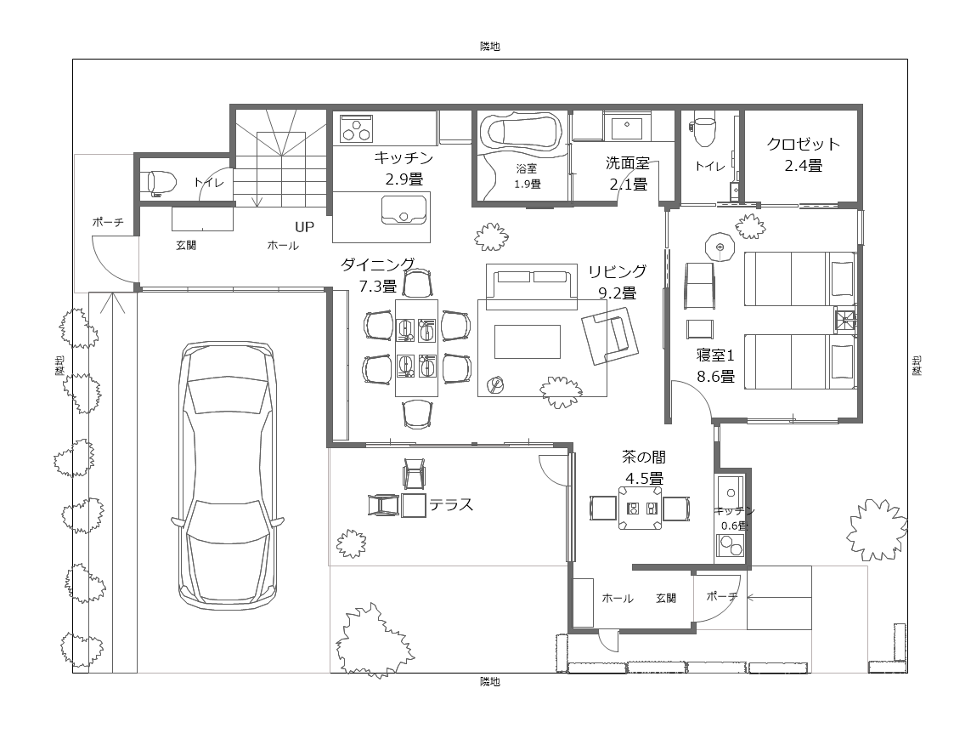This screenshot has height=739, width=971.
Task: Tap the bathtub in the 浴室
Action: tap(524, 132)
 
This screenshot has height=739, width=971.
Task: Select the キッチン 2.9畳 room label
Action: tap(404, 168)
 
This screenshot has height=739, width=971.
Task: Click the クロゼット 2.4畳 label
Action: tap(803, 155)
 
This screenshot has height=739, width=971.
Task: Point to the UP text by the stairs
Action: tap(304, 227)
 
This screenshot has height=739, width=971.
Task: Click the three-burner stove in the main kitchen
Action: tap(356, 129)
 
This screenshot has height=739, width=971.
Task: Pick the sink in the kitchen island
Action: tap(404, 209)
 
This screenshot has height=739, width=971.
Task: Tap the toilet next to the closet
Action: tap(705, 128)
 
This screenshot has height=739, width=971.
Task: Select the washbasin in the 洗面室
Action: tap(627, 128)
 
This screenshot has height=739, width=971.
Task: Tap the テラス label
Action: tap(451, 504)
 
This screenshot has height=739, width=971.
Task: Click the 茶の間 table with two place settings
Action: tap(641, 508)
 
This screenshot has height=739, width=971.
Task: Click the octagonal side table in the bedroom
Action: tap(720, 247)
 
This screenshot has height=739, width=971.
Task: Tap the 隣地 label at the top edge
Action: tap(490, 47)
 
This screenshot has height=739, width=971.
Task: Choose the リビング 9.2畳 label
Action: tap(617, 282)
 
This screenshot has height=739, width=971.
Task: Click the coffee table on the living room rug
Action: tap(527, 342)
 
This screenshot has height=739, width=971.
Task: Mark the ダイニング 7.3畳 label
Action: tap(378, 276)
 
